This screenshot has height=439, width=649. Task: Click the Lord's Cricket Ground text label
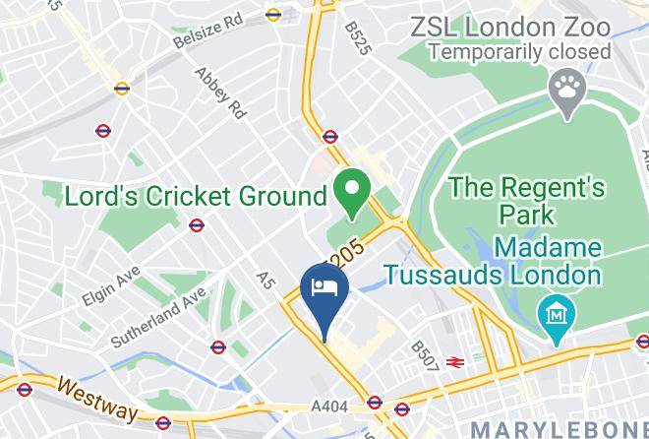pyautogui.click(x=196, y=196)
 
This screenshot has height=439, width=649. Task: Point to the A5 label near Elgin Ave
pyautogui.click(x=264, y=281)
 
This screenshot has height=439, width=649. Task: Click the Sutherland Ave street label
pyautogui.click(x=156, y=316)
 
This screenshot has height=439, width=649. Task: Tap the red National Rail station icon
pyautogui.click(x=454, y=362)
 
